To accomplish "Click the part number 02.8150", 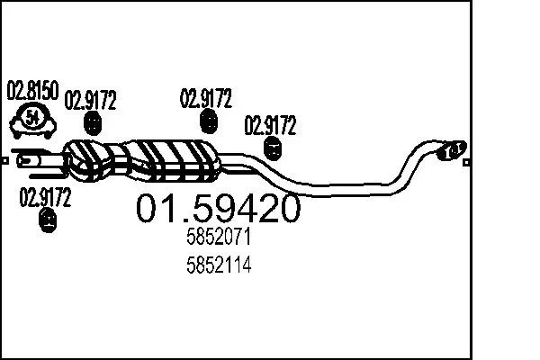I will pyautogui.click(x=32, y=90).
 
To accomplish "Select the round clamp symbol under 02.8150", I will pyautogui.click(x=32, y=117).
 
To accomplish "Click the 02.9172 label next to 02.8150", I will pyautogui.click(x=91, y=100).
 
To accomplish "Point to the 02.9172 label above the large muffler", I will pyautogui.click(x=208, y=97).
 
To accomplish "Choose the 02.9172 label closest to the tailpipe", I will pyautogui.click(x=271, y=124).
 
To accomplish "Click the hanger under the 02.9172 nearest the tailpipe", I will pyautogui.click(x=271, y=149).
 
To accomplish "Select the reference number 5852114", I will pyautogui.click(x=219, y=265).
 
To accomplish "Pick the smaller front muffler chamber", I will pyautogui.click(x=94, y=157).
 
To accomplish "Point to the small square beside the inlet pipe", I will pyautogui.click(x=5, y=162).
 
